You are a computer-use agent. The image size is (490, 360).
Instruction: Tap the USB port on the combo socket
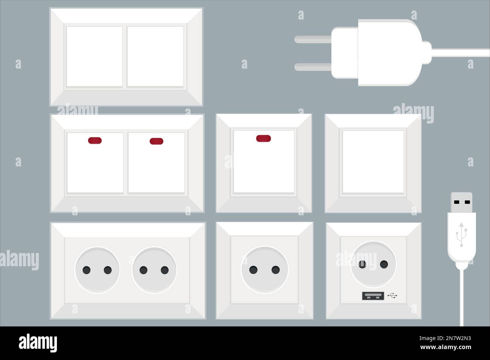373,296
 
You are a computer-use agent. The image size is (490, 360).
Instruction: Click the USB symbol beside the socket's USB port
392,296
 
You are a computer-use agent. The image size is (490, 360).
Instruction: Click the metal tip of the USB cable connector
462,202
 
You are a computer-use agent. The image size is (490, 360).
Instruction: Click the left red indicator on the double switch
95,141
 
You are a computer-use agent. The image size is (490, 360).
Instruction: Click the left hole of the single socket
254,270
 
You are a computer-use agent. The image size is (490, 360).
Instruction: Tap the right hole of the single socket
276,270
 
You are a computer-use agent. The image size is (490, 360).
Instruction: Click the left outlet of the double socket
97,270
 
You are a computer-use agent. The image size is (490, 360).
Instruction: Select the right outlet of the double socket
154,270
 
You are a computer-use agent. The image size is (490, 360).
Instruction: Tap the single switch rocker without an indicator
373,162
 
